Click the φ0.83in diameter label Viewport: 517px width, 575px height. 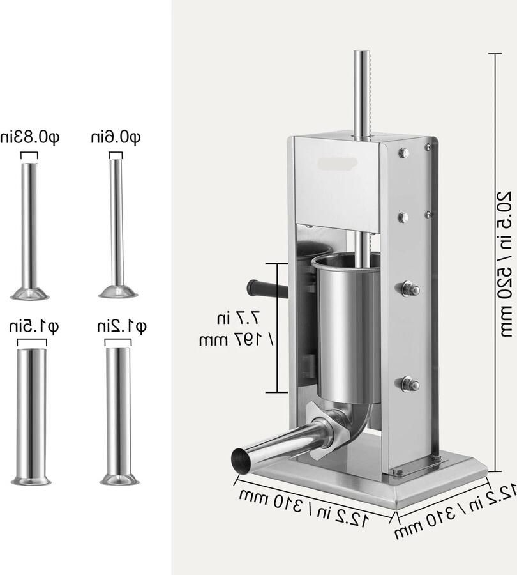coord(30,137)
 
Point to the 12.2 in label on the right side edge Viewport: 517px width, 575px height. coord(456,511)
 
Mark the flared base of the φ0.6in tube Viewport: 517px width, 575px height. coord(118,292)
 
